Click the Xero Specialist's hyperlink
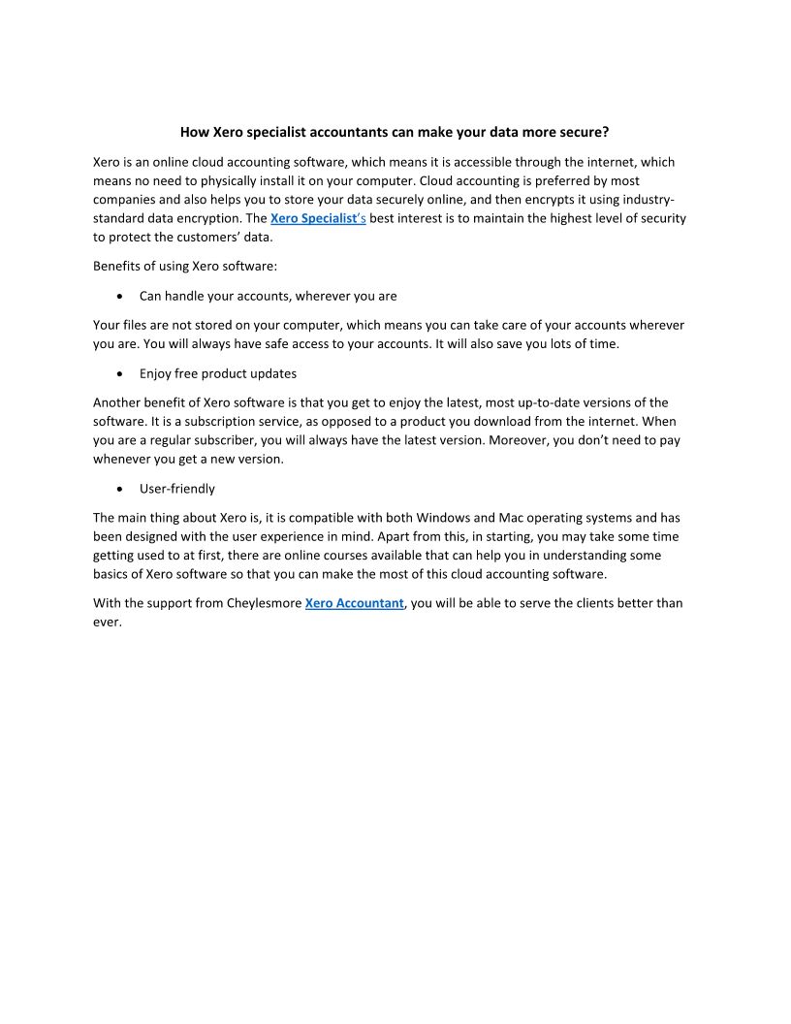(x=317, y=218)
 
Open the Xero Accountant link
(x=354, y=603)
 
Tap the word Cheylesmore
(x=262, y=603)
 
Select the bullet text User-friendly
(x=177, y=489)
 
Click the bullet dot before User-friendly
(x=118, y=490)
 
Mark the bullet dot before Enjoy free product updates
(x=118, y=374)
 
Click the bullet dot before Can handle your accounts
(x=118, y=297)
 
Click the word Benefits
(x=117, y=266)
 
